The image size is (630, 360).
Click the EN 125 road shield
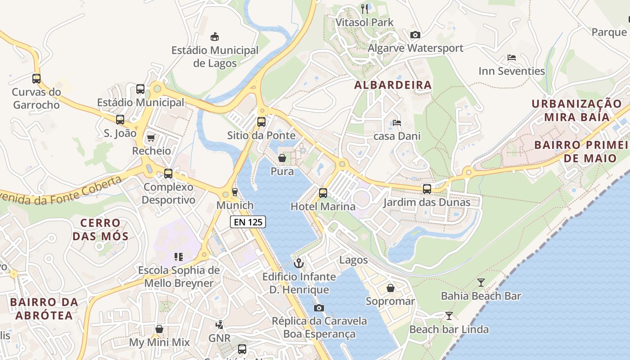click(248, 221)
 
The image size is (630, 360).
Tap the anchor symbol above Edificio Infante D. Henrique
click(299, 263)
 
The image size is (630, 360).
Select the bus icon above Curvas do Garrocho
click(36, 79)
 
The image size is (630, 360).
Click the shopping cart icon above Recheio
click(151, 138)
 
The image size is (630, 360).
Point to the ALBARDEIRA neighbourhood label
click(393, 85)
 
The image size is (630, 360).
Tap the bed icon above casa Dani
click(396, 122)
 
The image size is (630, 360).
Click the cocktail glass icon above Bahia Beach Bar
click(481, 283)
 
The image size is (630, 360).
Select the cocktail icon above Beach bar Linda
click(449, 315)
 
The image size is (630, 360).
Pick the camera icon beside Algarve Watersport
click(415, 35)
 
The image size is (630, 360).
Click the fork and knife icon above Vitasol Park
click(364, 8)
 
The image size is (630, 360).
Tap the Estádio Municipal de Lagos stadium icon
click(215, 36)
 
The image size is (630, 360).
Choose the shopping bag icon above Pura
click(282, 158)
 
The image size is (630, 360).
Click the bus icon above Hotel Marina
click(323, 193)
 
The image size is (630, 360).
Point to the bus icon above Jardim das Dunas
click(427, 189)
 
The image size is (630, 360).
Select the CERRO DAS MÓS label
click(101, 229)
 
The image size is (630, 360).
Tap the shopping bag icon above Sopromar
click(390, 288)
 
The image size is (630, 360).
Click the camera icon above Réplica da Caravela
click(319, 308)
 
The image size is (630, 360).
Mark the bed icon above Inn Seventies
click(512, 58)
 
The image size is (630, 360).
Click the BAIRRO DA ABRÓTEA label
click(44, 308)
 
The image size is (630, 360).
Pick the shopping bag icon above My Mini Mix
click(159, 329)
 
